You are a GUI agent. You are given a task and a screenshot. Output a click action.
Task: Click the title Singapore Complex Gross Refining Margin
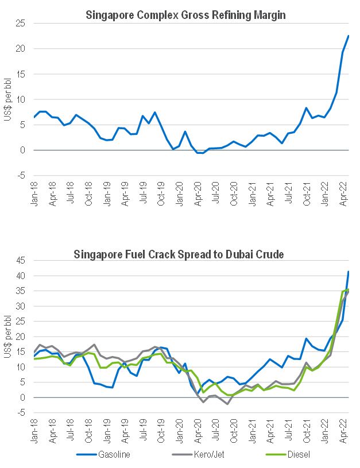pyautogui.click(x=185, y=16)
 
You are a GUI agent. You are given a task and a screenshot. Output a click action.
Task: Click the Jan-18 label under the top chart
pyautogui.click(x=34, y=195)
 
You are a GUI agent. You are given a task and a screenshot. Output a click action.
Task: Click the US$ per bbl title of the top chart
pyautogui.click(x=7, y=101)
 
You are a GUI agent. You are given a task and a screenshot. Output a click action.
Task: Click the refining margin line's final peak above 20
pyautogui.click(x=349, y=36)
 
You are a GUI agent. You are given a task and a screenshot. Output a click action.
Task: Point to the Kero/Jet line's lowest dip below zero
pyautogui.click(x=228, y=404)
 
